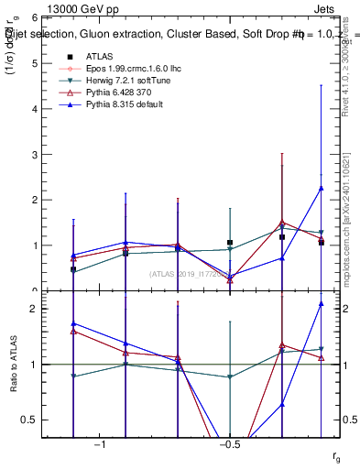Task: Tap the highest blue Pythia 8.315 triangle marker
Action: pos(321,188)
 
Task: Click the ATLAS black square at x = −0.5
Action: pos(230,243)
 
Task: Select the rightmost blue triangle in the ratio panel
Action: pos(321,303)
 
